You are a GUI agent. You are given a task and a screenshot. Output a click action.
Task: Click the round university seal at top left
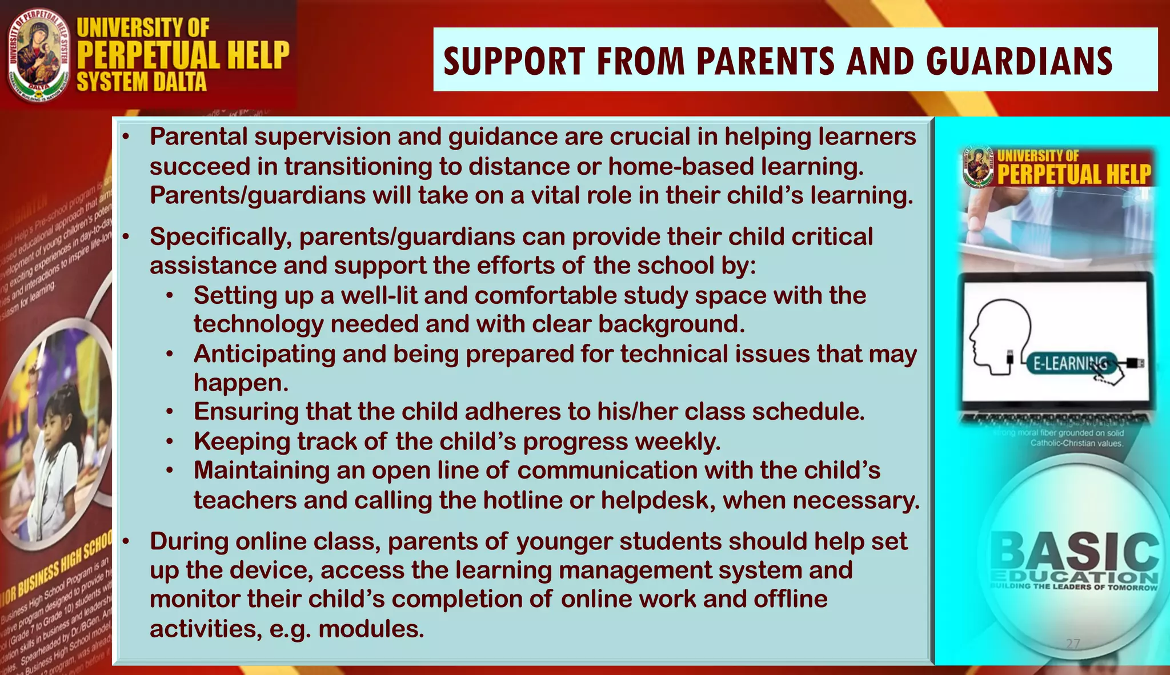(39, 55)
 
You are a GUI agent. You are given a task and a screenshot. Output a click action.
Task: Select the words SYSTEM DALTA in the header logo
(142, 82)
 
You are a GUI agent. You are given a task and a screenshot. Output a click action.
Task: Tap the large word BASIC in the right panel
(1074, 551)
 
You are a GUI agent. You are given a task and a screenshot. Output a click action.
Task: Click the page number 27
(1073, 644)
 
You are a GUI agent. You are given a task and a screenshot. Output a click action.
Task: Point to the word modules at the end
(371, 629)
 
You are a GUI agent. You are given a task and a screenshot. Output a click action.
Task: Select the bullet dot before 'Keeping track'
(170, 441)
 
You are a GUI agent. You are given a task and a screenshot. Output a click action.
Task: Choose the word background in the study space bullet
(671, 324)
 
